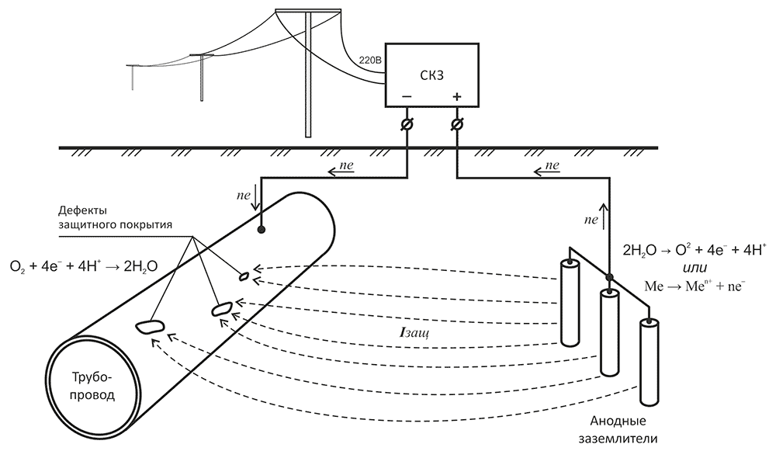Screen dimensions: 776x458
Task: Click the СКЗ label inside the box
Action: click(x=432, y=75)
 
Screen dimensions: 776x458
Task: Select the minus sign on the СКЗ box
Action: click(x=407, y=96)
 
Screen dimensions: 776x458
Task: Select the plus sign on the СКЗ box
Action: click(x=456, y=96)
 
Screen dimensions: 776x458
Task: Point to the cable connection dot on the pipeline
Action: click(x=261, y=229)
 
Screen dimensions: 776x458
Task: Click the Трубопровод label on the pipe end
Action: click(x=93, y=387)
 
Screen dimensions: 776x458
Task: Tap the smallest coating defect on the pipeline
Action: click(x=244, y=276)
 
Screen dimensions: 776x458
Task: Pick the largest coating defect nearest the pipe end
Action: click(x=149, y=326)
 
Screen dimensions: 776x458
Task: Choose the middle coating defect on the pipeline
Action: click(x=221, y=310)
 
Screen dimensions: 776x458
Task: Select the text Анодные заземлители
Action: click(x=618, y=429)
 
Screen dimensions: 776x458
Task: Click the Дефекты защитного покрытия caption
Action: click(x=115, y=217)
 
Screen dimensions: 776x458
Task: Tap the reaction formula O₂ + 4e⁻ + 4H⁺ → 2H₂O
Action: click(x=84, y=266)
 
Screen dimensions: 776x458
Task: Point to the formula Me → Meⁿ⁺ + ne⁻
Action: click(x=695, y=286)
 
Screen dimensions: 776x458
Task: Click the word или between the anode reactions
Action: click(x=695, y=267)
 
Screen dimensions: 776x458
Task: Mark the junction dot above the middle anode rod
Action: click(x=610, y=277)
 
